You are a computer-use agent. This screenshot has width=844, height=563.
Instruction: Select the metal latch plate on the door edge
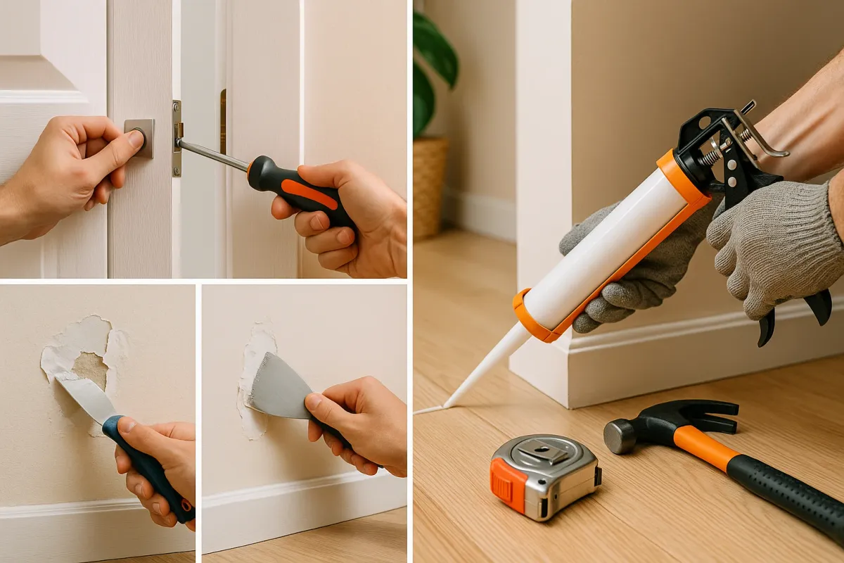coord(177,138)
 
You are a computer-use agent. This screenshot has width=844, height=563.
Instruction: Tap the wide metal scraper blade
coord(277,391)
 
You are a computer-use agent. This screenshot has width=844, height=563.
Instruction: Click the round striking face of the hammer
coord(619,436)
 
